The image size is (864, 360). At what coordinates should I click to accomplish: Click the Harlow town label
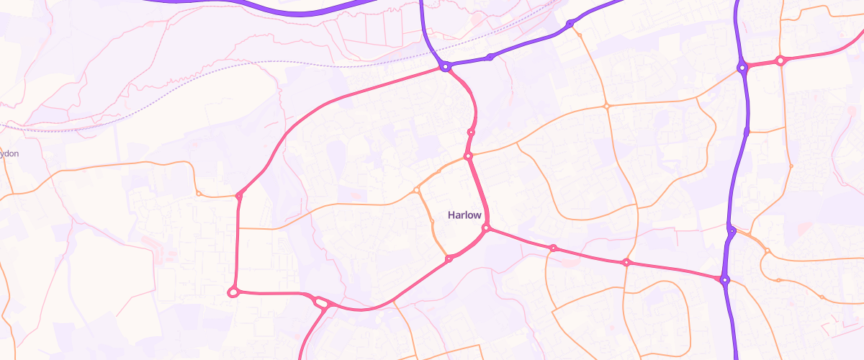pos(464,215)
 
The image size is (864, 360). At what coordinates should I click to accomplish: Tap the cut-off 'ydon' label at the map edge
pos(9,153)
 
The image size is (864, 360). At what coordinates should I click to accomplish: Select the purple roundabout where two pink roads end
pos(446,67)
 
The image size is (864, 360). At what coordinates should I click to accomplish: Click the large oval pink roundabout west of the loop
pos(233,292)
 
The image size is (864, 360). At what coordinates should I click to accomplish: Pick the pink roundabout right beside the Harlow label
pos(486,228)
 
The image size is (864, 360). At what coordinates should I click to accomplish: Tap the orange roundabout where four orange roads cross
pos(607,107)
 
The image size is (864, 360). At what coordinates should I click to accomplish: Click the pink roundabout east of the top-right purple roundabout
pos(780,61)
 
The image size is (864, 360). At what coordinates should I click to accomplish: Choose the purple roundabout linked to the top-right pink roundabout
pos(741,68)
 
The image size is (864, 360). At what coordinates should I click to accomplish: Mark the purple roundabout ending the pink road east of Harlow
pos(724,279)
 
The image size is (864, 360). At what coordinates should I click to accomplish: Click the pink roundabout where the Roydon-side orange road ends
pos(239,195)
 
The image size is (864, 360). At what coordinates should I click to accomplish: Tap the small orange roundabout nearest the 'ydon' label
pos(199,193)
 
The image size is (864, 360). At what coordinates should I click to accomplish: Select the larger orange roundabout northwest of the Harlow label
pos(417,190)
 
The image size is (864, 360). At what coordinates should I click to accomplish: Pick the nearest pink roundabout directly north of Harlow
pos(468,156)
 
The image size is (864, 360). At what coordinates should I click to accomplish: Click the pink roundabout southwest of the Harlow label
pos(449,258)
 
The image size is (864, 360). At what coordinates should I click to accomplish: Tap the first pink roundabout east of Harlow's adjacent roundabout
pos(553,248)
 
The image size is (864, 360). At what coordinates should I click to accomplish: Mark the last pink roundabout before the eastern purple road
pos(626,262)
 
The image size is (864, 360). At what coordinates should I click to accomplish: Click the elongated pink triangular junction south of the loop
pos(320,303)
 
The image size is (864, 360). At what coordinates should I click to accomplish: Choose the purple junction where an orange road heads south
pos(731,231)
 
